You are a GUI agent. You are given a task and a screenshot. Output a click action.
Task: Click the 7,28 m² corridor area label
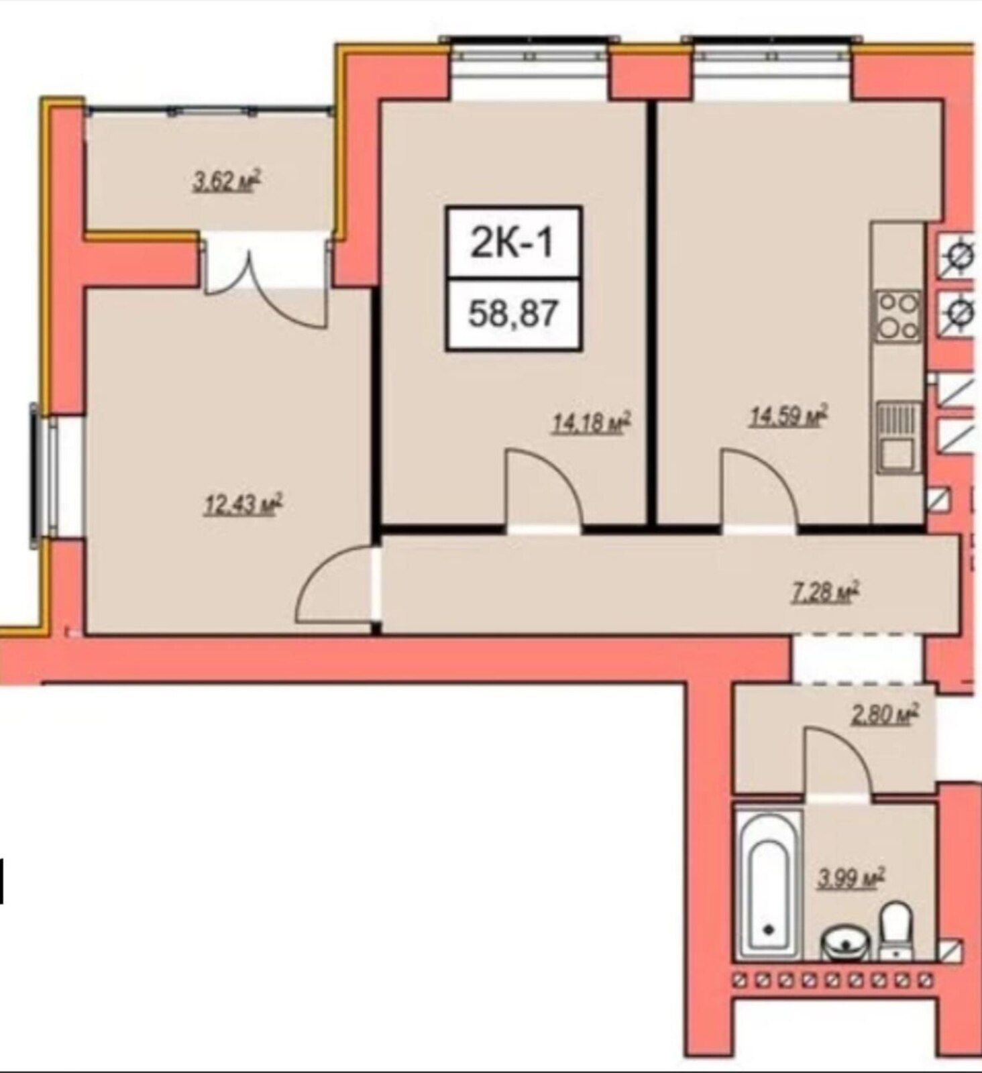(x=826, y=593)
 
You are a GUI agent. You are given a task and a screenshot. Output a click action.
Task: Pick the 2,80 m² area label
(x=884, y=715)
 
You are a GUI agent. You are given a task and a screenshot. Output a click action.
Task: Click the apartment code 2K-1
(x=513, y=243)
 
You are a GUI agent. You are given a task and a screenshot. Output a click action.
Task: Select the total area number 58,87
(x=513, y=313)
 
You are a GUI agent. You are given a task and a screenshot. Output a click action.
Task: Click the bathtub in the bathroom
(x=769, y=885)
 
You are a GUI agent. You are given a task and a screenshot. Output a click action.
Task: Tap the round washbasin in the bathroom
(x=846, y=943)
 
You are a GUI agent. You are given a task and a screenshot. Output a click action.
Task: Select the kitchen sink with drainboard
(x=899, y=436)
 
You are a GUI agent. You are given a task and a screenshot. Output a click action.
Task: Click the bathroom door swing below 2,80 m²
(x=838, y=760)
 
